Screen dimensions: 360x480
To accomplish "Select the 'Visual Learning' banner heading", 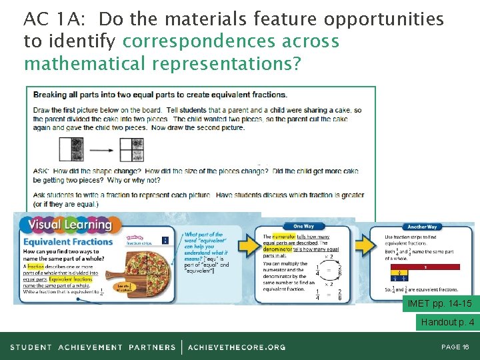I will pyautogui.click(x=67, y=225).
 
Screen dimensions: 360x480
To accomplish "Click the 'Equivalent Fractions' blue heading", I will pyautogui.click(x=68, y=241).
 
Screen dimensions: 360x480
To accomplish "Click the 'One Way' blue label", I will pyautogui.click(x=304, y=226).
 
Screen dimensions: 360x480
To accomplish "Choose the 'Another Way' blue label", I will pyautogui.click(x=421, y=227).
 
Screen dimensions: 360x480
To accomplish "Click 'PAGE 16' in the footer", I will pyautogui.click(x=455, y=347).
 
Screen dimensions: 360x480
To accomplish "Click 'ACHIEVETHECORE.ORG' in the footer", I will pyautogui.click(x=237, y=347).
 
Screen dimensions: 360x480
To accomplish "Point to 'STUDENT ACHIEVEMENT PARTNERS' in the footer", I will pyautogui.click(x=93, y=347).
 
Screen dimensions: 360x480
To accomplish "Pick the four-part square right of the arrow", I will pyautogui.click(x=131, y=149).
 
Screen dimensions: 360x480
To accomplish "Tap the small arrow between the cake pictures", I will pyautogui.click(x=101, y=149).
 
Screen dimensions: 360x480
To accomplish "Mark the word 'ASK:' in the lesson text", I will pyautogui.click(x=41, y=171).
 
